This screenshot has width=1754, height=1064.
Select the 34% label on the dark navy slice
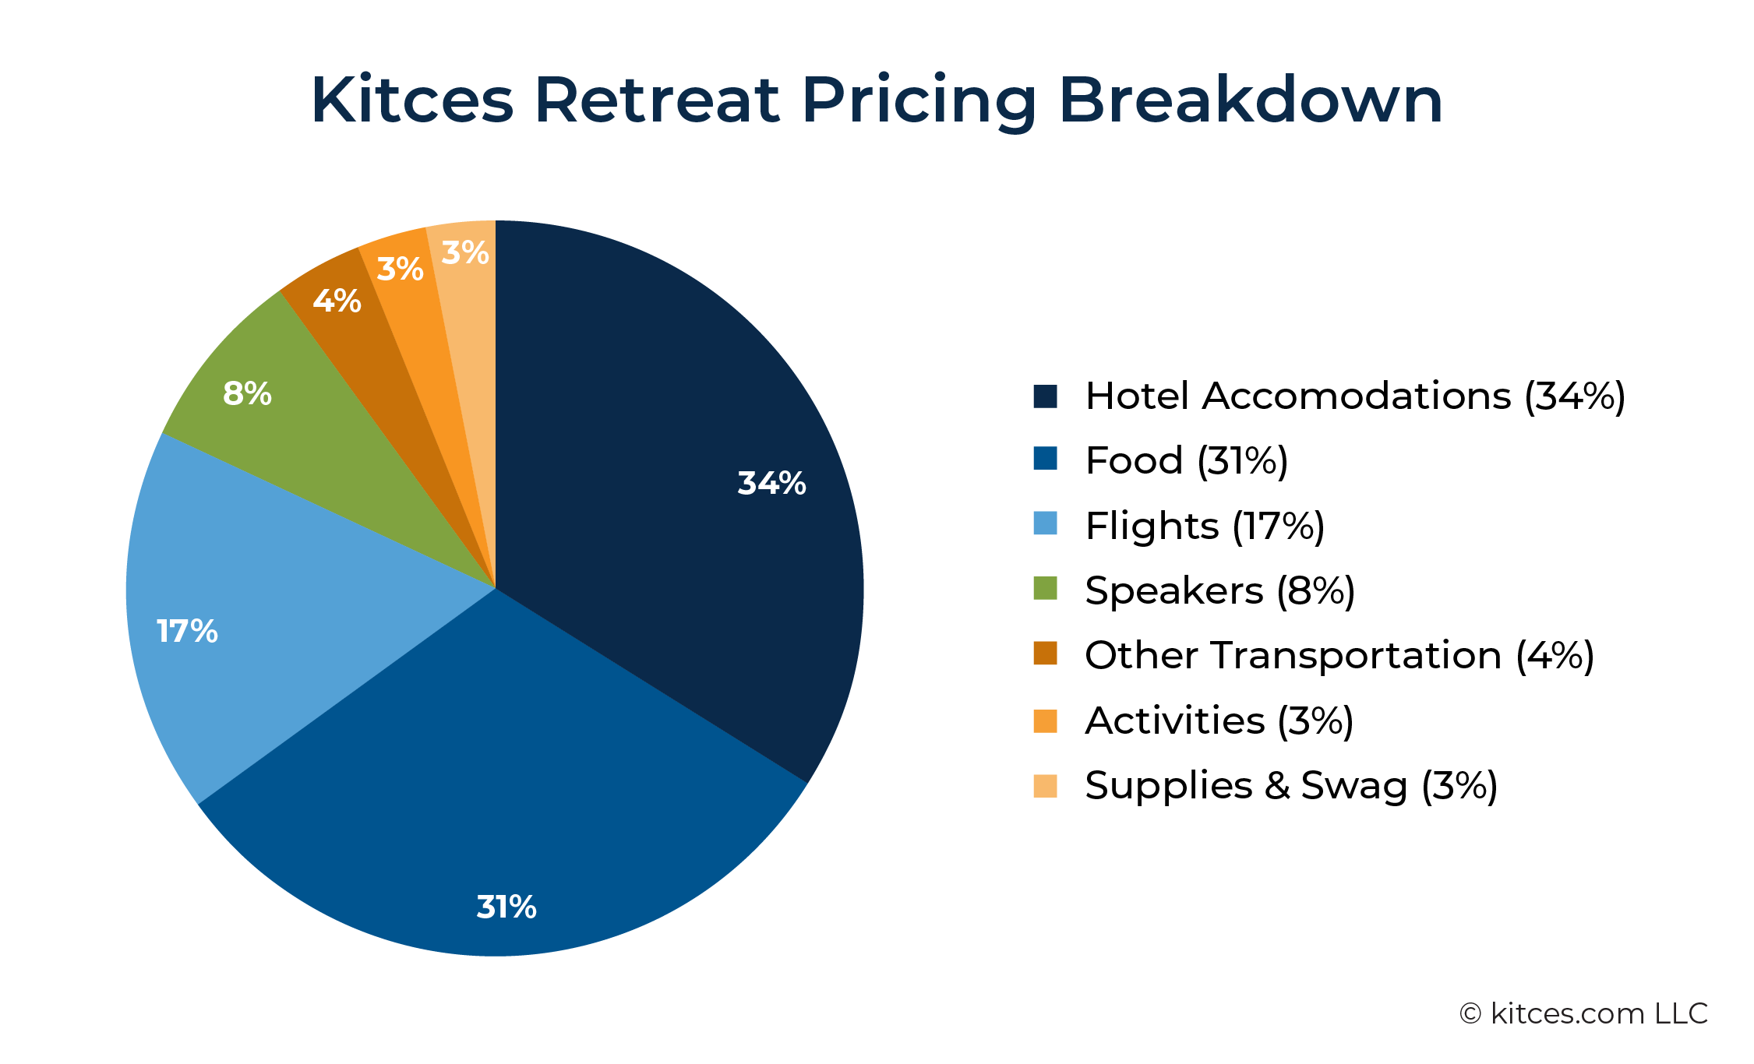tap(771, 483)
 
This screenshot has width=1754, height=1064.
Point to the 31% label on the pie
tap(506, 907)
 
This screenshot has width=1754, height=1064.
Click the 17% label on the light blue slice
tap(187, 631)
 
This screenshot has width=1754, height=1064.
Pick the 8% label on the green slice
tap(247, 393)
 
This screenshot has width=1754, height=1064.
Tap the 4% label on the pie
tap(337, 301)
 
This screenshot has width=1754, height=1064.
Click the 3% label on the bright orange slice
tap(400, 269)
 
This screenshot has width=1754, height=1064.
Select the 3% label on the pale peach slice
tap(465, 252)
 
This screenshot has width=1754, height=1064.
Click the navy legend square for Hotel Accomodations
tap(1045, 396)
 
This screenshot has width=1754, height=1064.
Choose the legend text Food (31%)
tap(1187, 460)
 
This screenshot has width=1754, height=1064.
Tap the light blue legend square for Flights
tap(1045, 523)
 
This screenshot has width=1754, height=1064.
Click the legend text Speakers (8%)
tap(1220, 590)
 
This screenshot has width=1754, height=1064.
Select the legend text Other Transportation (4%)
tap(1339, 655)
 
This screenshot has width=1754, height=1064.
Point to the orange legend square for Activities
tap(1045, 720)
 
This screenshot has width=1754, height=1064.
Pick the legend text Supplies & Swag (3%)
tap(1291, 785)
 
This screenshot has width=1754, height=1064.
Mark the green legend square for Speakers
tap(1045, 588)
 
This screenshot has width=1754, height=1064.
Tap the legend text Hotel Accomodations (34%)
tap(1355, 396)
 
